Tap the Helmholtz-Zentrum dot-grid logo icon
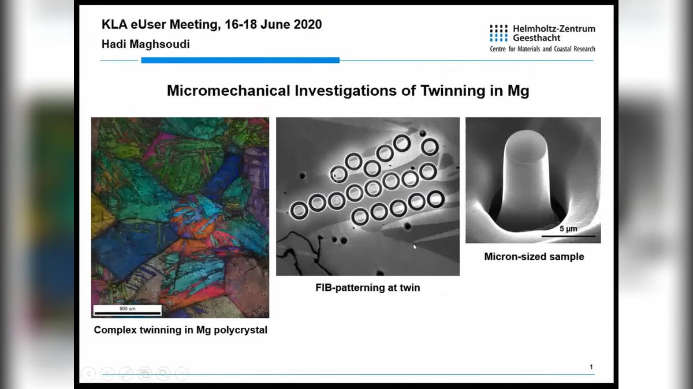[x=498, y=33]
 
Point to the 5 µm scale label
[x=568, y=229]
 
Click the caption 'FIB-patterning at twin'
[x=368, y=287]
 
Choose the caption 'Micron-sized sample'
[x=534, y=256]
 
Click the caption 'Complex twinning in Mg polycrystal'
[x=180, y=330]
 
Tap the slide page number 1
[x=591, y=367]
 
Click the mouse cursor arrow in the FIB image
[x=415, y=247]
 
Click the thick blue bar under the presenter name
[x=240, y=60]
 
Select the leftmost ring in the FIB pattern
[x=299, y=211]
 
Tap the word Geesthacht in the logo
[x=536, y=38]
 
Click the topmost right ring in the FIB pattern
[x=430, y=147]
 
